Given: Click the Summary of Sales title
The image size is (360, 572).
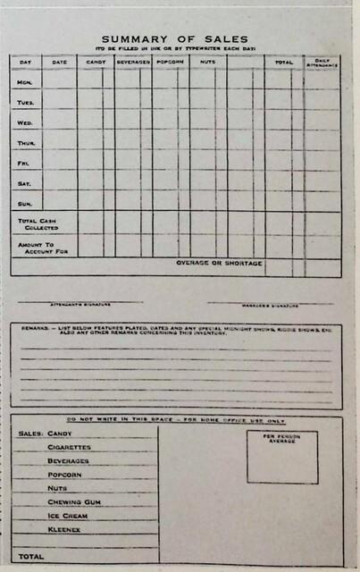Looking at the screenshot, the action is click(x=179, y=39).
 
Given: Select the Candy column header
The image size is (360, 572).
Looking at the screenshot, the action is click(x=95, y=63).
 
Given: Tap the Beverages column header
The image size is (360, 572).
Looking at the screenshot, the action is click(x=133, y=63).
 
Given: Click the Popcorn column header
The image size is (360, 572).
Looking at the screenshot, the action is click(x=170, y=63).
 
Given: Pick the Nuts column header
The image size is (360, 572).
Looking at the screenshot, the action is click(x=207, y=63).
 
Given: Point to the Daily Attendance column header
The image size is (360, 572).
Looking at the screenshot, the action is click(x=322, y=62).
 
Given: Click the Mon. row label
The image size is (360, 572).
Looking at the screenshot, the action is click(x=25, y=81).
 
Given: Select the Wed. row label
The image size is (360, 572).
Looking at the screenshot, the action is click(x=25, y=122).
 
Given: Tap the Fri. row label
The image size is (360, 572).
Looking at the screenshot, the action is click(x=24, y=164).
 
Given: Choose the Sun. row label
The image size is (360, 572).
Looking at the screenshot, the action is click(x=25, y=204).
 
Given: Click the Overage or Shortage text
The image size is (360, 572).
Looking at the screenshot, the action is click(x=219, y=264).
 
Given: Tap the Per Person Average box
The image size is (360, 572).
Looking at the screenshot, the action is click(x=282, y=458).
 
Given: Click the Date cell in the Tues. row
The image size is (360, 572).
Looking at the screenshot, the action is click(x=59, y=102).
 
